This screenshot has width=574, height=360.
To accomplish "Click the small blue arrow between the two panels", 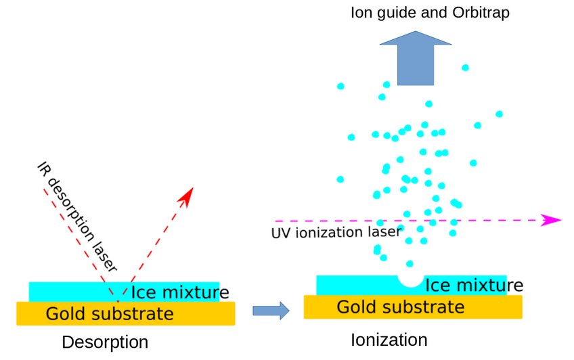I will click(270, 311).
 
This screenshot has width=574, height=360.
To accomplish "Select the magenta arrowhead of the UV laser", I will click(552, 220).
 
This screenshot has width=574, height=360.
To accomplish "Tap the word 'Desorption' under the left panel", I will click(104, 342).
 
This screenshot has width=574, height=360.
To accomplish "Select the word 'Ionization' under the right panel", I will click(389, 339).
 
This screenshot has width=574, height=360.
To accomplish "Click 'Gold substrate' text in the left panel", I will click(109, 314).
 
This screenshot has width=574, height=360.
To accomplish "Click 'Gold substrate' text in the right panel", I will click(400, 307).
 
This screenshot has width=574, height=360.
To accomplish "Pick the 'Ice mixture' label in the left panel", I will click(179, 292).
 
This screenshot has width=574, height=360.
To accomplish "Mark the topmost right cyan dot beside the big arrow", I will click(465, 68).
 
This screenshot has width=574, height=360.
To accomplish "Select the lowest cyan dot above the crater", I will click(410, 263).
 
